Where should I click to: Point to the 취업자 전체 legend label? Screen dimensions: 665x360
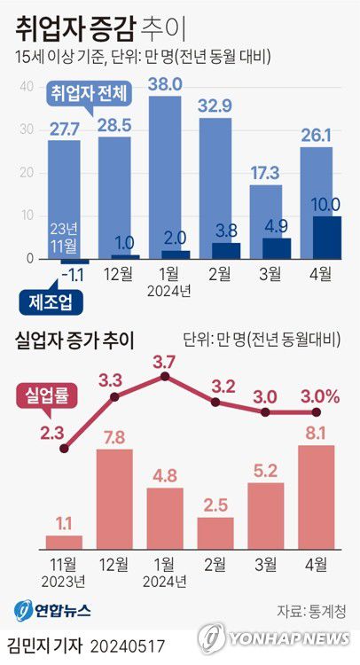tap(90, 93)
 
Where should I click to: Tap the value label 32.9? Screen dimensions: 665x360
tap(215, 106)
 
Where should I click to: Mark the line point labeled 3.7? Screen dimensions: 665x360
tap(164, 377)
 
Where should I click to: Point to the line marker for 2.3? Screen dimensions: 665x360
tap(63, 449)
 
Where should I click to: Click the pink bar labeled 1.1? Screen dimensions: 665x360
tap(64, 540)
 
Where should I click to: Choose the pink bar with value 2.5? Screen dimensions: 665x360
tap(215, 531)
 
